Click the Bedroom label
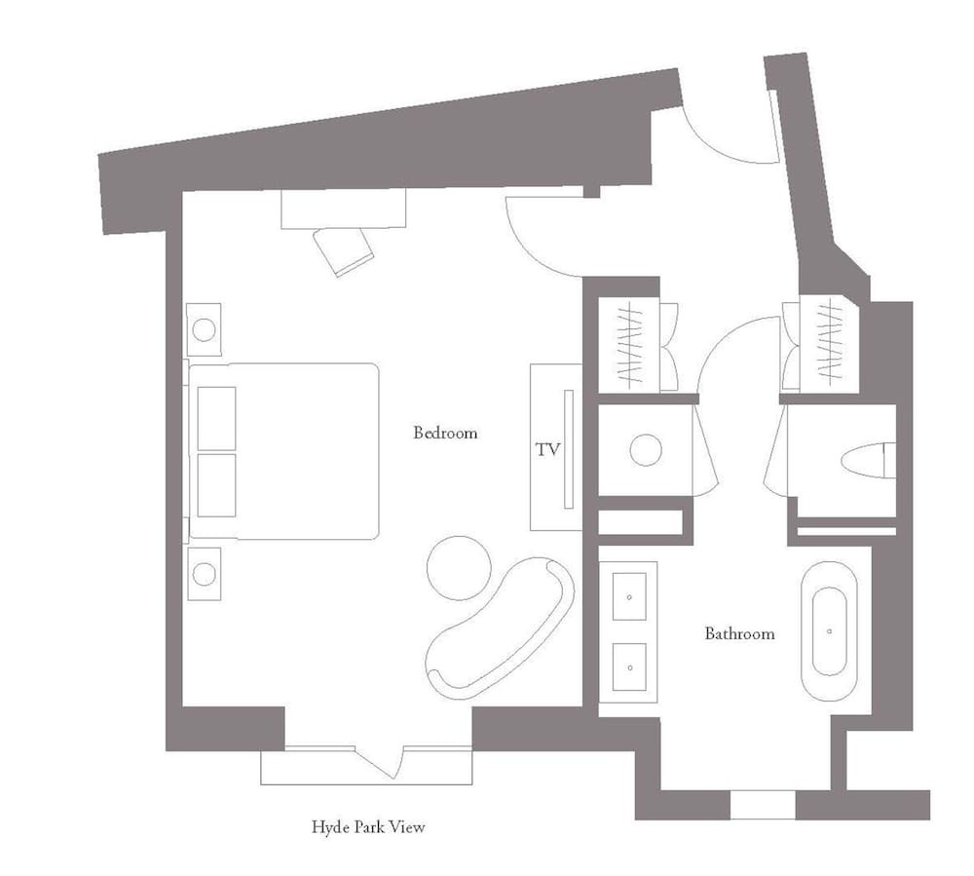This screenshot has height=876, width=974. coord(445,433)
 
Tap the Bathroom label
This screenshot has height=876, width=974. coord(739,633)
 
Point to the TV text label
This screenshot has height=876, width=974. coord(547,449)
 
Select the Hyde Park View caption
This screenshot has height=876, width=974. coord(368,827)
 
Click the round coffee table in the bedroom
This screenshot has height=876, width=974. coord(459,568)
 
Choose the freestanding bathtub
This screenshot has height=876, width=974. coord(829,631)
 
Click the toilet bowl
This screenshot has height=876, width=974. coord(869,460)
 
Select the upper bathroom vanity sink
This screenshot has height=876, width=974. coord(629,597)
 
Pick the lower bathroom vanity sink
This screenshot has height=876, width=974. coord(629,667)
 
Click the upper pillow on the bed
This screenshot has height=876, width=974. coord(216,419)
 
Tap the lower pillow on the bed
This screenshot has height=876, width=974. coord(216,485)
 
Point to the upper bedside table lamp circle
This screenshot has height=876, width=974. coord(204,329)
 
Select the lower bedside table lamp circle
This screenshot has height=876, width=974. coord(204,574)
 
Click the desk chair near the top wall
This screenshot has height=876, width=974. coord(344,251)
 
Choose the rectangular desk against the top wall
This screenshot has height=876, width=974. coord(344,209)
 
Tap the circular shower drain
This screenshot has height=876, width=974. coord(646,450)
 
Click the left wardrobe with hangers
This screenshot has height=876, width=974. coord(628,345)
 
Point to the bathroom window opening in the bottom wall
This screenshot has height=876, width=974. coord(763,805)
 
